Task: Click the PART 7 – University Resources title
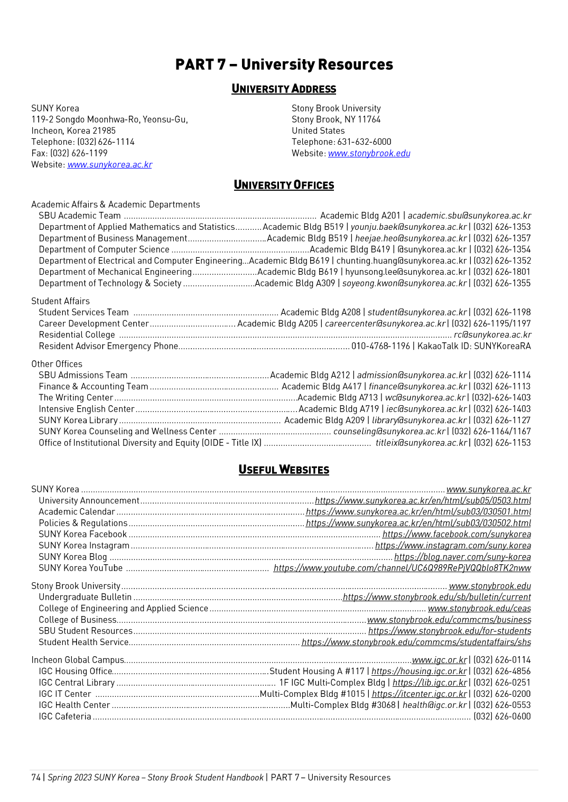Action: click(284, 64)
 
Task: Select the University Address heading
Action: click(284, 89)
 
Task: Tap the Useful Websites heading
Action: click(284, 470)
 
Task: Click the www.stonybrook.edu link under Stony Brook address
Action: click(369, 153)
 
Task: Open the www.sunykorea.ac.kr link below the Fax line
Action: click(109, 164)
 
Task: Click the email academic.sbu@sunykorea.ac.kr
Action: click(469, 216)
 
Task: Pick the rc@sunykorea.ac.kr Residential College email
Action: click(492, 334)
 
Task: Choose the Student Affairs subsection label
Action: click(60, 301)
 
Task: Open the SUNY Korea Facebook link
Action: click(457, 534)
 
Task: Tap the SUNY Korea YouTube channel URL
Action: click(402, 568)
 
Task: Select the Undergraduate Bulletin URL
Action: click(436, 597)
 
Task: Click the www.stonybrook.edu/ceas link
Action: click(479, 608)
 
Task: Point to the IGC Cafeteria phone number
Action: click(502, 716)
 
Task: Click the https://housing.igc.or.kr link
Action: click(419, 671)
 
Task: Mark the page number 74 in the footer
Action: click(36, 777)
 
